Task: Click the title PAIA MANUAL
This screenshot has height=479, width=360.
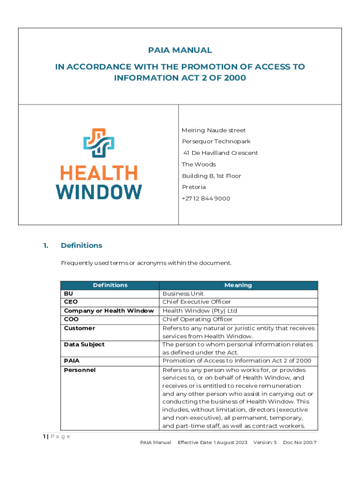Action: (x=180, y=50)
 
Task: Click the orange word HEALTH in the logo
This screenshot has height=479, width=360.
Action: (x=99, y=173)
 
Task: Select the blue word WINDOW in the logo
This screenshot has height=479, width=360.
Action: (x=99, y=191)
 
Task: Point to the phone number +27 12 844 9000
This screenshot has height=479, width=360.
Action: (x=206, y=198)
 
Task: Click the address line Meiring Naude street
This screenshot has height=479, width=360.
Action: (x=214, y=130)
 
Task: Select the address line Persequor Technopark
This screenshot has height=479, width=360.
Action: (x=216, y=141)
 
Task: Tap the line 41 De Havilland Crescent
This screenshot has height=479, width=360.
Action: (x=220, y=153)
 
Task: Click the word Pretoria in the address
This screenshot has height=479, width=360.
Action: (x=194, y=187)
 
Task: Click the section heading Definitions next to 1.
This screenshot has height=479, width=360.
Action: (x=81, y=246)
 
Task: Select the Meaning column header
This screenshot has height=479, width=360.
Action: (x=238, y=285)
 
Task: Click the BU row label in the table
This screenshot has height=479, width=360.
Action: (x=68, y=294)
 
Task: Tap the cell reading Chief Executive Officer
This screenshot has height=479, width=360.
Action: (x=196, y=302)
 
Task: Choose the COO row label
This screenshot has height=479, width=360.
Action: (x=71, y=319)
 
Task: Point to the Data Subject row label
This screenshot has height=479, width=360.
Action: (x=84, y=345)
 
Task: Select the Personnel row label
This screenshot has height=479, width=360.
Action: (x=79, y=370)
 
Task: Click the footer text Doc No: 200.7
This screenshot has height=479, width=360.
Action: (x=300, y=443)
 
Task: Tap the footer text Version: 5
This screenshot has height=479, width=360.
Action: (x=265, y=443)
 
